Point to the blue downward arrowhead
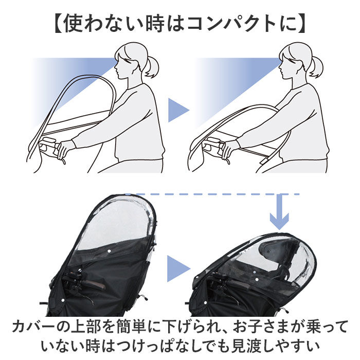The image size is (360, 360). [280, 222]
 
